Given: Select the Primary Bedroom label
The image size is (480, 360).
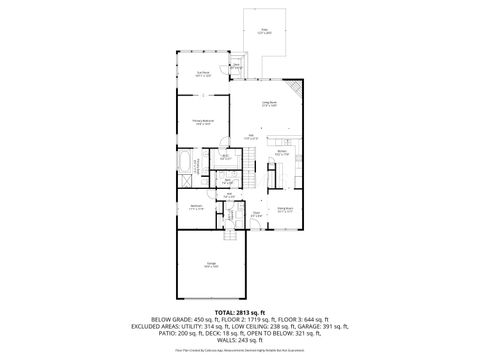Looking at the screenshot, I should (201, 120).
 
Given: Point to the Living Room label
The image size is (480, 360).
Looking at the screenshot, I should (269, 102).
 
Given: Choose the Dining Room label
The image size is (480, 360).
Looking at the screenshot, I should (284, 210).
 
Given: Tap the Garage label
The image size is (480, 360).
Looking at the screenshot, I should (207, 266).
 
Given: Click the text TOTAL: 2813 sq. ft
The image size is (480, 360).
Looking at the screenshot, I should (240, 313).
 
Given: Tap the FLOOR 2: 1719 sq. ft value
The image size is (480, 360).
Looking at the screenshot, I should (237, 321).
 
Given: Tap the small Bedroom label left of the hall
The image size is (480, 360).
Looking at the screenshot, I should (196, 207).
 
